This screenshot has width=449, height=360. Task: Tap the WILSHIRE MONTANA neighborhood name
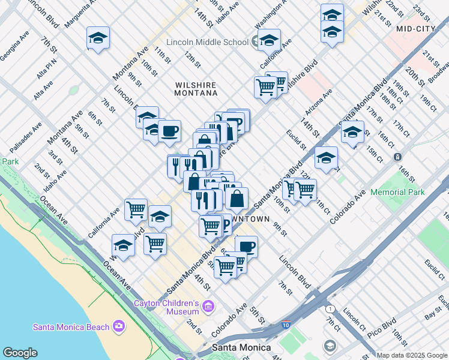tap(196, 89)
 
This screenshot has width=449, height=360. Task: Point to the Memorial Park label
tap(397, 192)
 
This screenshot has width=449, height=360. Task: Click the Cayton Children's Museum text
tap(166, 307)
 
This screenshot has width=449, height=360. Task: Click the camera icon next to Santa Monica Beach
tap(119, 326)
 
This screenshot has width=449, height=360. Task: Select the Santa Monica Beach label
tap(71, 327)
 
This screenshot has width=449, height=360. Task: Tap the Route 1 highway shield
tap(330, 308)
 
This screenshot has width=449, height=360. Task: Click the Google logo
tap(20, 352)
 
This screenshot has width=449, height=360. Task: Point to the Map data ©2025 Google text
tap(412, 355)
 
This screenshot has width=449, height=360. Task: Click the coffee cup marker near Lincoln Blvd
tap(169, 130)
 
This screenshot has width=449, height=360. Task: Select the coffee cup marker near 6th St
tap(246, 246)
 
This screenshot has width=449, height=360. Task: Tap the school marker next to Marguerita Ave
tap(98, 38)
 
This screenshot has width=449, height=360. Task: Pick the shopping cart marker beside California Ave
tap(136, 209)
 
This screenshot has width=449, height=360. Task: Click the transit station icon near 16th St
tap(397, 157)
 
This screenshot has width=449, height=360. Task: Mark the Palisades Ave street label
tap(25, 137)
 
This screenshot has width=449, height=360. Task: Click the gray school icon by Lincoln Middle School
tap(256, 42)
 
